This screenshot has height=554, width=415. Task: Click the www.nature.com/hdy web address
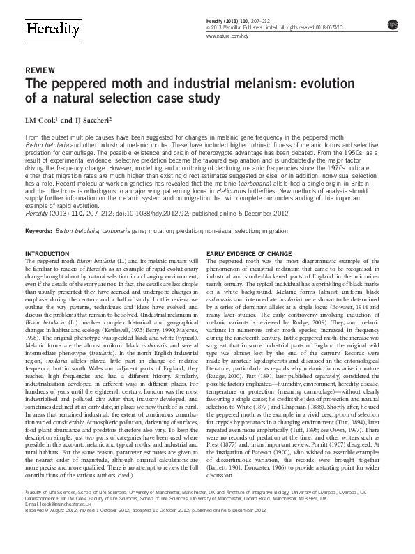pos(229,36)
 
